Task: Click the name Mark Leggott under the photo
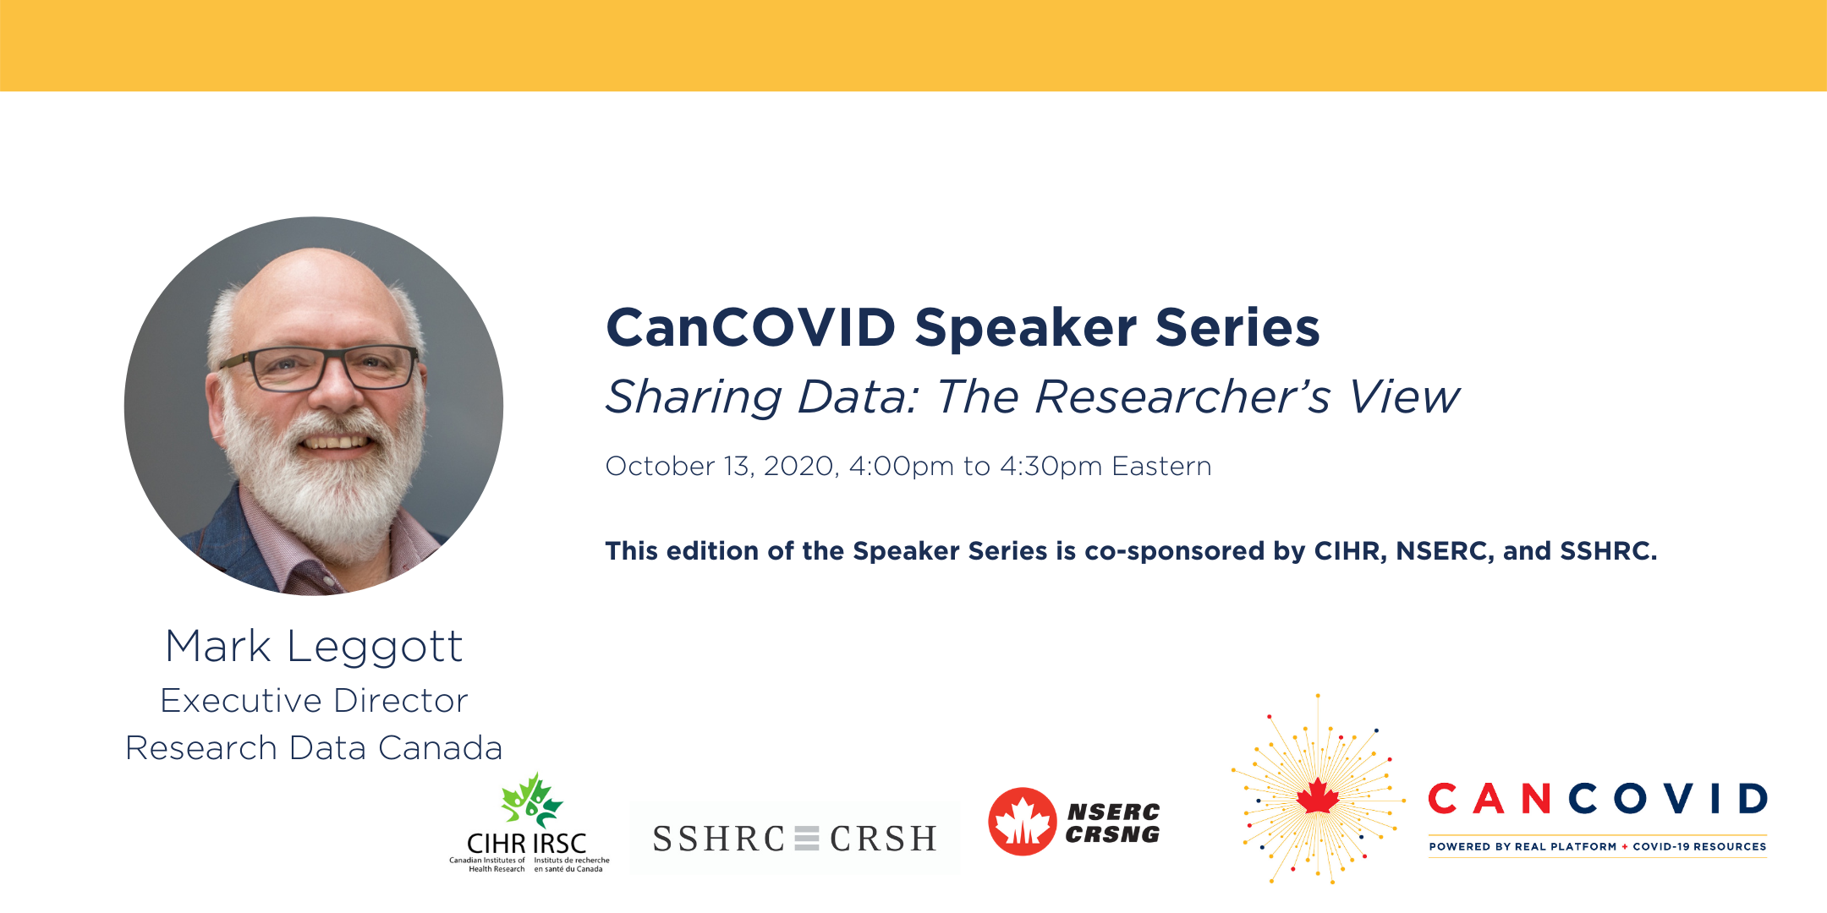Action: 314,647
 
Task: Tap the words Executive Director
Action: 314,701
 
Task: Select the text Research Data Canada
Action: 314,748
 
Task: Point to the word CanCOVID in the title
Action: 751,327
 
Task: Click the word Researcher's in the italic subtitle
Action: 1182,396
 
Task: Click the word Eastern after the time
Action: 1161,467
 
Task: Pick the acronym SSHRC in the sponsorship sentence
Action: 1608,551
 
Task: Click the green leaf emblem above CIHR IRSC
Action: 531,800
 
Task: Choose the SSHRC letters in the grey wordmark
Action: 719,839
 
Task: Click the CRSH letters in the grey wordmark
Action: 883,839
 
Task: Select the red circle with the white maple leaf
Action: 1023,822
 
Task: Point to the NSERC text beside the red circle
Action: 1113,812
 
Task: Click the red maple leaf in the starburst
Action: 1318,796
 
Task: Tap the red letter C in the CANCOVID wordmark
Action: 1442,799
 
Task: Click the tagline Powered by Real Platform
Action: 1522,846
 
